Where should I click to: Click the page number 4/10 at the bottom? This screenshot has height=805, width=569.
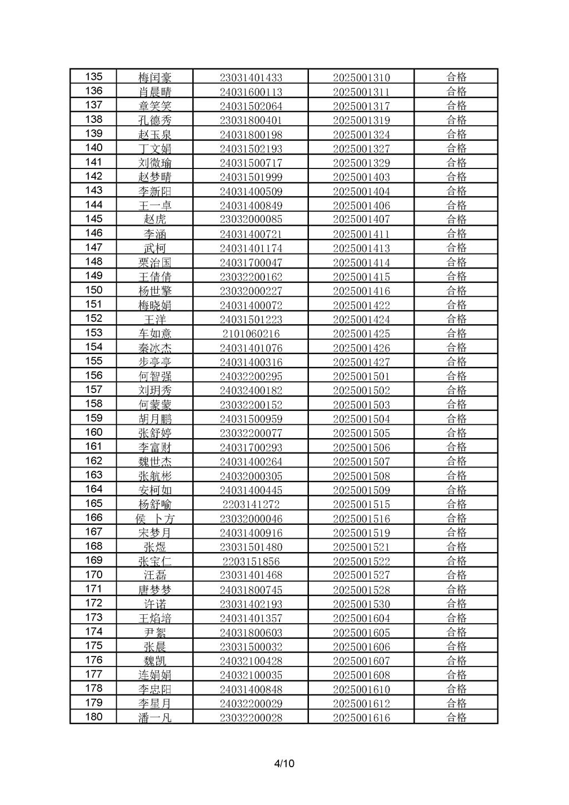284,763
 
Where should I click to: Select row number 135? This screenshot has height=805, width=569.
93,77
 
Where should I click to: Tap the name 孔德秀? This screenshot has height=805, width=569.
155,120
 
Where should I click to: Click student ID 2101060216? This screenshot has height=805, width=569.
251,334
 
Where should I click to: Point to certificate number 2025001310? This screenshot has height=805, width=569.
361,78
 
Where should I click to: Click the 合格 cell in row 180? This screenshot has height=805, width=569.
456,717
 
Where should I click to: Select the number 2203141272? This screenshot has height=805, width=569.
251,505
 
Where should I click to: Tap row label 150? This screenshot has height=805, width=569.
93,290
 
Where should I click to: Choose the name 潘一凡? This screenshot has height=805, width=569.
155,718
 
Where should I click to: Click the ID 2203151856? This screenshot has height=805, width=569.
251,561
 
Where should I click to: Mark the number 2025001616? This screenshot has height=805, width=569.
361,718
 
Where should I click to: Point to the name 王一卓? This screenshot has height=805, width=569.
155,206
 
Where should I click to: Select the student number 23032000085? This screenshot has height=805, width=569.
251,220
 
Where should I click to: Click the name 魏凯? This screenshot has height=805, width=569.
155,661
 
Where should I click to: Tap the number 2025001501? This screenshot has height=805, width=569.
361,376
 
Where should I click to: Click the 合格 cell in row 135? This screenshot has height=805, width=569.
456,77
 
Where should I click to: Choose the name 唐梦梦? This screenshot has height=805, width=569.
155,590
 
